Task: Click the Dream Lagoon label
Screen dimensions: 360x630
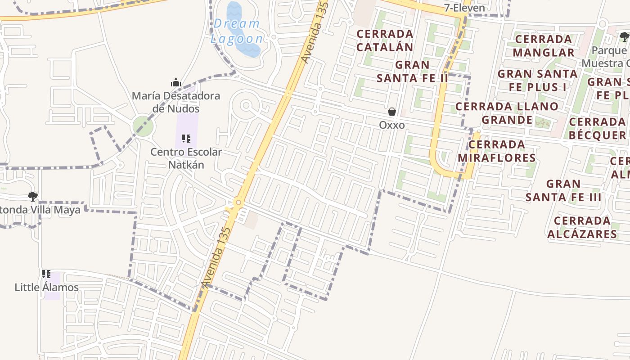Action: [x=237, y=31]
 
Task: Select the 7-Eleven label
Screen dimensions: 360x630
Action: [x=464, y=8]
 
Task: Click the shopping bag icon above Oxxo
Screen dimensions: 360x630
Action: [x=392, y=112]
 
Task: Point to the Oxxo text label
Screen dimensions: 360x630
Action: [x=392, y=125]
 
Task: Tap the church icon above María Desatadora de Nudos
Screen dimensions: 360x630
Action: [x=175, y=82]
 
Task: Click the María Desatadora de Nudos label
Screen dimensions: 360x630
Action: [x=176, y=102]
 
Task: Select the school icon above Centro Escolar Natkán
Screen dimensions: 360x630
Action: [x=186, y=139]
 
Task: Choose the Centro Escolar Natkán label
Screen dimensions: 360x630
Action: [x=186, y=158]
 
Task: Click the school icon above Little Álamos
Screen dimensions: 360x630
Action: [x=46, y=274]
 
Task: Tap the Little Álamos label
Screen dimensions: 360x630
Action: [x=47, y=287]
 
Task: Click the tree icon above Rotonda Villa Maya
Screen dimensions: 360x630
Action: [x=32, y=196]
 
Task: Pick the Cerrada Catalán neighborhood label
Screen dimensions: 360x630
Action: [x=385, y=40]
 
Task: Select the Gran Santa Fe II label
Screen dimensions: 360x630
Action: [x=413, y=71]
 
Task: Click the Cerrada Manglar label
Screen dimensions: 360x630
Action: [x=544, y=45]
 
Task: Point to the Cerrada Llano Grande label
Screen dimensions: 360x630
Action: [x=507, y=113]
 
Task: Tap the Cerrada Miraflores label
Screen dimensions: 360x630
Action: [x=497, y=151]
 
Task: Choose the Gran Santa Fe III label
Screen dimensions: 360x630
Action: [x=563, y=190]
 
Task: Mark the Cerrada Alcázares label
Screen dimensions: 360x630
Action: [x=582, y=227]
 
